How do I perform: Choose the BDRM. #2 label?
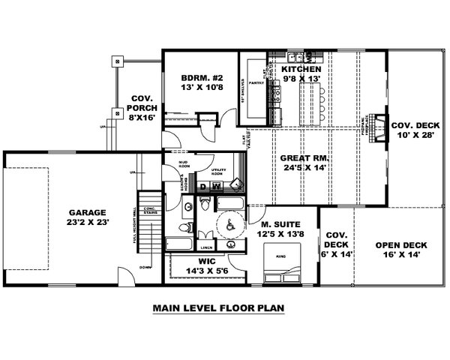coord(198,78)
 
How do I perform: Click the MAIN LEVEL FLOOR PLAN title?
coord(218,307)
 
